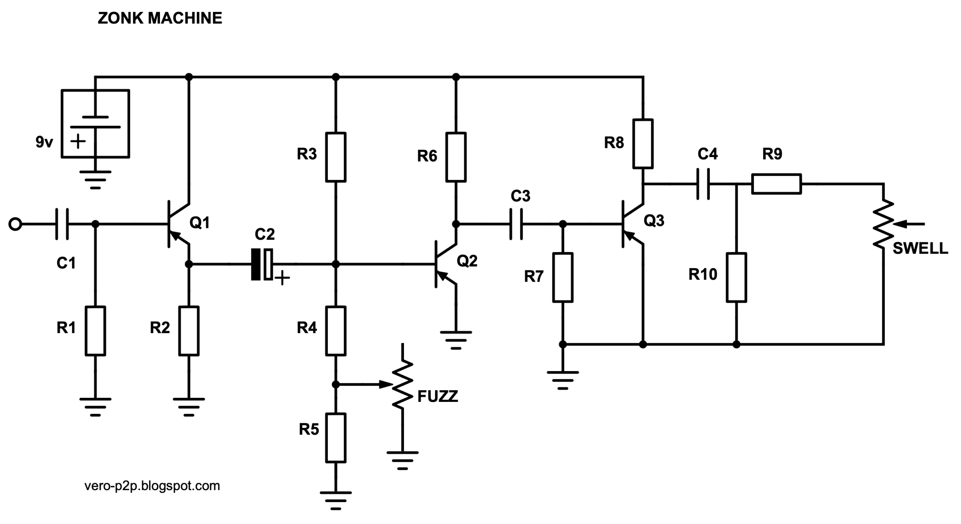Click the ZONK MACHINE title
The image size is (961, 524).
click(x=160, y=18)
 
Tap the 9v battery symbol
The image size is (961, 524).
click(x=95, y=124)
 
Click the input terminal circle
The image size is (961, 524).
click(x=15, y=224)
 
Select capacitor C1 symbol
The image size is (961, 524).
click(x=62, y=224)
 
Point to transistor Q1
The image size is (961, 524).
click(x=178, y=224)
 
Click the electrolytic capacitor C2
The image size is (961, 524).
click(x=262, y=264)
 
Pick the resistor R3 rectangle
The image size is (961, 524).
click(x=336, y=157)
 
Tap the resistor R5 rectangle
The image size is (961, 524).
click(x=336, y=438)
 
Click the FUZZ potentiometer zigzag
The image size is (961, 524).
click(x=402, y=384)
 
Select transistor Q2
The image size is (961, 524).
click(x=446, y=264)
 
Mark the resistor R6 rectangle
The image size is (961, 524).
click(x=456, y=157)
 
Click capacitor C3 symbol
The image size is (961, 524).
click(x=516, y=224)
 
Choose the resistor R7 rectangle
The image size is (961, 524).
click(x=563, y=277)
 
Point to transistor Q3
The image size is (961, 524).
click(x=633, y=224)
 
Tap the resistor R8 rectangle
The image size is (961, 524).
click(x=643, y=143)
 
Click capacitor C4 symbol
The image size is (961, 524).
click(x=703, y=184)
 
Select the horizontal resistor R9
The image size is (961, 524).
click(x=777, y=184)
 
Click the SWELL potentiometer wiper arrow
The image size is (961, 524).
click(x=909, y=224)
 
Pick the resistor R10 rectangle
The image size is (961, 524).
click(x=737, y=277)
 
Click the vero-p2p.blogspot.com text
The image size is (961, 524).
click(x=152, y=486)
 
